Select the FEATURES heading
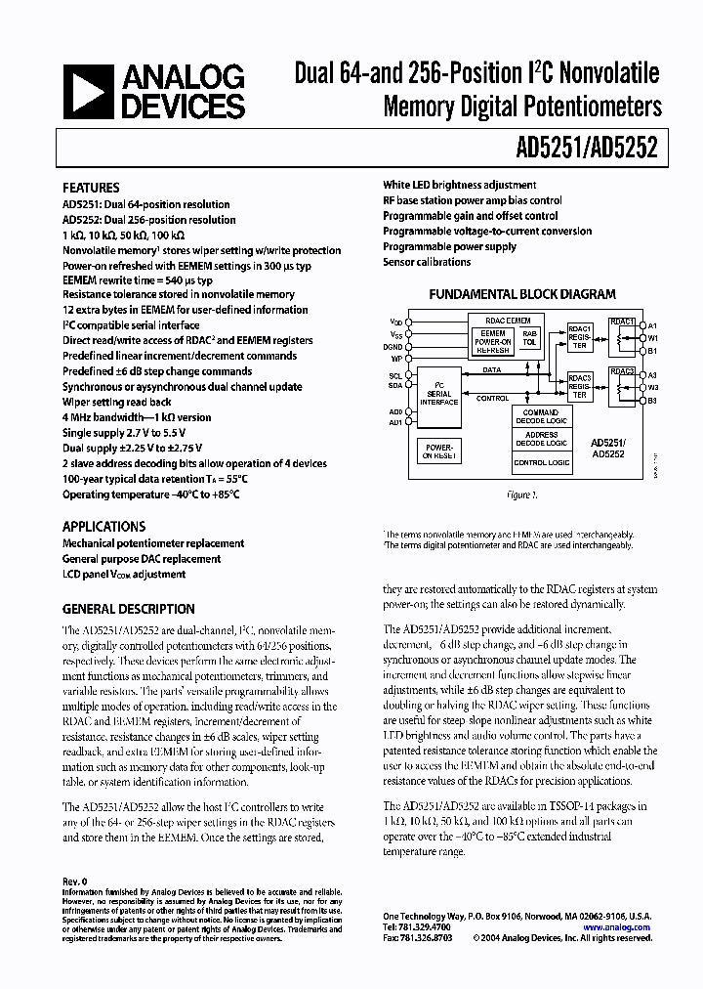(91, 188)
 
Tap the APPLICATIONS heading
(103, 526)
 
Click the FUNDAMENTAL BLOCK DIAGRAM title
(522, 294)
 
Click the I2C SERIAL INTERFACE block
(439, 392)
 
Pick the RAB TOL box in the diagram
(529, 337)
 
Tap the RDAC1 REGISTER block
(579, 336)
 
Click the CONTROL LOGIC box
(540, 461)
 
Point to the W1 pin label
(652, 337)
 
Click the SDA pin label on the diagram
(396, 386)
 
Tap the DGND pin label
(394, 346)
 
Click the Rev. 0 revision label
(75, 881)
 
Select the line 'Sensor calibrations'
(427, 262)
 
